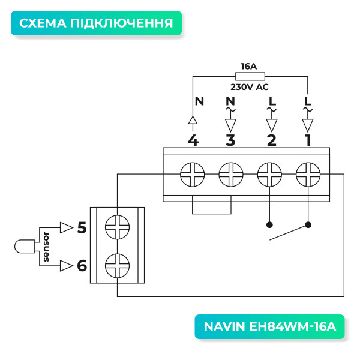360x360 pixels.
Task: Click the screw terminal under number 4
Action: click(x=193, y=176)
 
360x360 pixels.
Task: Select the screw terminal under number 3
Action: click(x=230, y=176)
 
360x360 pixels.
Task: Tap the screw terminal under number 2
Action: click(x=269, y=176)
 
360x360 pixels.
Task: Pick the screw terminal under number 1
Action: click(x=308, y=176)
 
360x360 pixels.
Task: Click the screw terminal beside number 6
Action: click(x=117, y=264)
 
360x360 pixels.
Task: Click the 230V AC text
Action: click(x=250, y=87)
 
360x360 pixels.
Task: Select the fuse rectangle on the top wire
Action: click(x=250, y=76)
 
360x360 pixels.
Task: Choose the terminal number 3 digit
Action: click(x=230, y=140)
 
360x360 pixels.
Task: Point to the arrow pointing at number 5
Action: click(x=65, y=227)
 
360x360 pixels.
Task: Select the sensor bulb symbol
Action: click(x=23, y=247)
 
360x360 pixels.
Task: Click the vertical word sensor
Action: click(x=46, y=247)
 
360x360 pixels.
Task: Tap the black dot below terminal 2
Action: click(x=269, y=225)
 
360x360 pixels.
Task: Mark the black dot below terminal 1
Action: click(x=308, y=225)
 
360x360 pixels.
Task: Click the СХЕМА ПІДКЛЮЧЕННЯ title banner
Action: click(x=96, y=23)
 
